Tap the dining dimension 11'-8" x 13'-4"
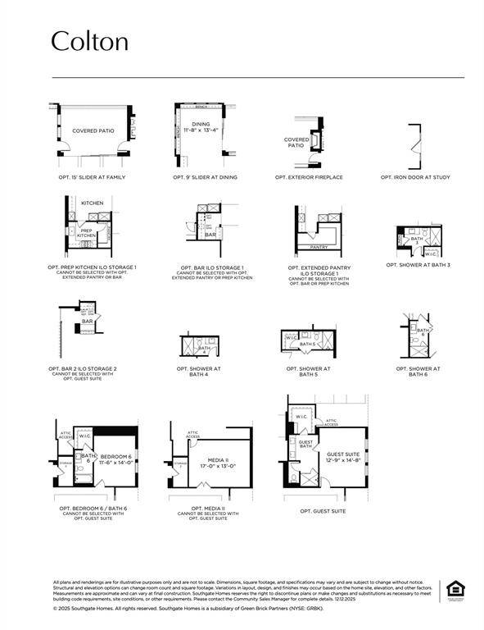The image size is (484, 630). point(201,130)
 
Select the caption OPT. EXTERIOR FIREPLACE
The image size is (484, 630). point(309,177)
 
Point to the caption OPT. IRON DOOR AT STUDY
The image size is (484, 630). point(415,177)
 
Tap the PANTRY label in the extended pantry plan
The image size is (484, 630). point(319,246)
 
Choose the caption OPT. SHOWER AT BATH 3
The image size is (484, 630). point(418,264)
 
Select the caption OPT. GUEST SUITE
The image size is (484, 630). point(323,511)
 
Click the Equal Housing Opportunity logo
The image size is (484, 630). point(454,590)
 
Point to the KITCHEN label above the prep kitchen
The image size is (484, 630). point(93,202)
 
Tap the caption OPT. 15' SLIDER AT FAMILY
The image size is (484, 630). point(92,177)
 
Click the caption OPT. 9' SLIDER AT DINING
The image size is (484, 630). point(205,177)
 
